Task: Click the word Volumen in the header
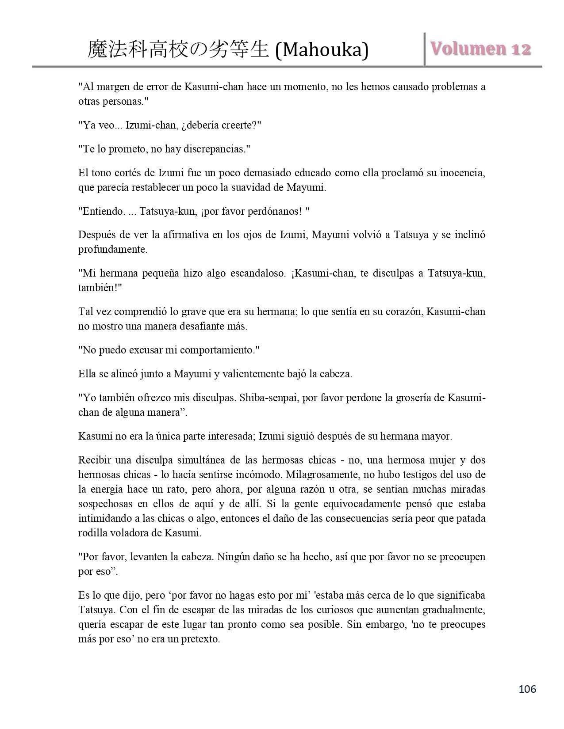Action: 468,49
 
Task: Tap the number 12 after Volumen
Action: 521,49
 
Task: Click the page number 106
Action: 527,689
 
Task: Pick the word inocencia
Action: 462,173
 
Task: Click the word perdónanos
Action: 278,211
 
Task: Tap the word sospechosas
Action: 105,504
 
